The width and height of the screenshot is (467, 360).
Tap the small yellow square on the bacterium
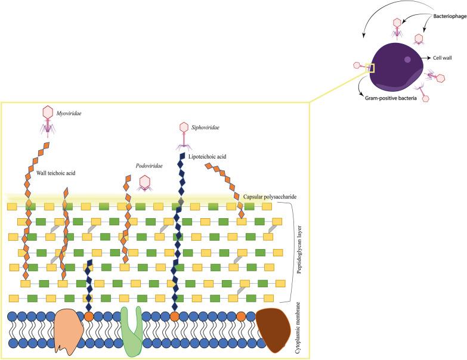pos(370,68)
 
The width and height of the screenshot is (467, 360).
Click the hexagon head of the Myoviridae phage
pos(47,112)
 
